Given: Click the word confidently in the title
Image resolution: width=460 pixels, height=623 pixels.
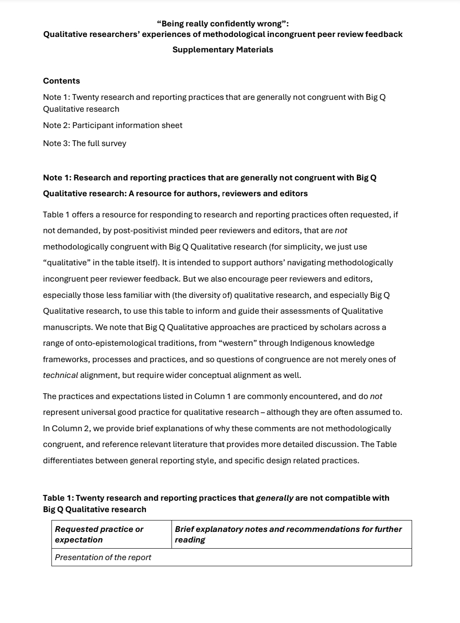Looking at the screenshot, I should coord(234,24).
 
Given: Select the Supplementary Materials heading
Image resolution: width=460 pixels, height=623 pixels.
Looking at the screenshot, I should coord(223,50).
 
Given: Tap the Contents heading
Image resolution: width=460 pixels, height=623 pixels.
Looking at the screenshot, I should coord(62,81).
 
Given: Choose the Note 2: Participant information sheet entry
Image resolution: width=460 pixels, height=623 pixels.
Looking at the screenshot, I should coord(113,125).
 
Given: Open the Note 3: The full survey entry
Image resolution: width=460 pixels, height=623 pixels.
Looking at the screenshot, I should coord(84,143).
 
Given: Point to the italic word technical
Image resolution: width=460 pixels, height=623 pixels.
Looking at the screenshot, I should coord(60,375).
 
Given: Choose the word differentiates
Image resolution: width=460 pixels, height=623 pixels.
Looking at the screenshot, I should coord(68,461).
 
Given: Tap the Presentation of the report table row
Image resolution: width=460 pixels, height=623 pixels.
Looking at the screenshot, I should coord(103,557).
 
